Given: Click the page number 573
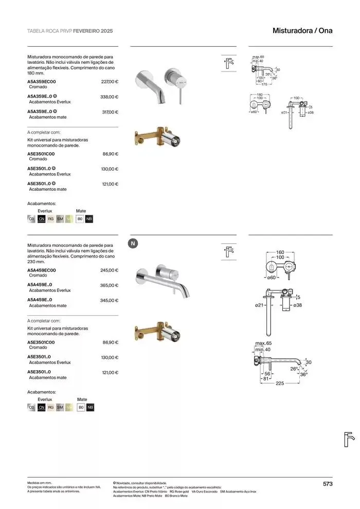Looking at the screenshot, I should pyautogui.click(x=328, y=483).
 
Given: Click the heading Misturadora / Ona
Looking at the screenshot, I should pyautogui.click(x=302, y=31).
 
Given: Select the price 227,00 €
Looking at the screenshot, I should pyautogui.click(x=110, y=81).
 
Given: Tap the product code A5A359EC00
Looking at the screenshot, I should pyautogui.click(x=42, y=81).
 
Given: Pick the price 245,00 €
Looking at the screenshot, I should pyautogui.click(x=110, y=270).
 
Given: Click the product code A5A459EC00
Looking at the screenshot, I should pyautogui.click(x=42, y=270).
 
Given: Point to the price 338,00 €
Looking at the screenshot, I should pyautogui.click(x=110, y=97).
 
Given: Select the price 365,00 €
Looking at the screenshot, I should pyautogui.click(x=110, y=285).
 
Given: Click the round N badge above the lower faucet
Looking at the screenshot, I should pyautogui.click(x=133, y=244).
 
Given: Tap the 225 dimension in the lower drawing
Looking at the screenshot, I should pyautogui.click(x=280, y=383).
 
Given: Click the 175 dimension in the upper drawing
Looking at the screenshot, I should pyautogui.click(x=264, y=84).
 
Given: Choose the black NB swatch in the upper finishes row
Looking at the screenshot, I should pyautogui.click(x=89, y=219).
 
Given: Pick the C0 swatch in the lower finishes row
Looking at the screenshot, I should pyautogui.click(x=31, y=408).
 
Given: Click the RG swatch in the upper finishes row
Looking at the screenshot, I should pyautogui.click(x=51, y=219).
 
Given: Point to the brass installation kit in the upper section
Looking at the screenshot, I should pyautogui.click(x=156, y=138).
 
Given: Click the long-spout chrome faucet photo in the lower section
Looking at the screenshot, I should pyautogui.click(x=161, y=281).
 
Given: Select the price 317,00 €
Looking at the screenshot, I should pyautogui.click(x=110, y=112).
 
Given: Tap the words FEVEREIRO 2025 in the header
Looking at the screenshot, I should pyautogui.click(x=93, y=31).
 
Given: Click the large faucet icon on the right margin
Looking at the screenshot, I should pyautogui.click(x=349, y=440).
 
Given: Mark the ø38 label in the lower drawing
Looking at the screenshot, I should pyautogui.click(x=297, y=305).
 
